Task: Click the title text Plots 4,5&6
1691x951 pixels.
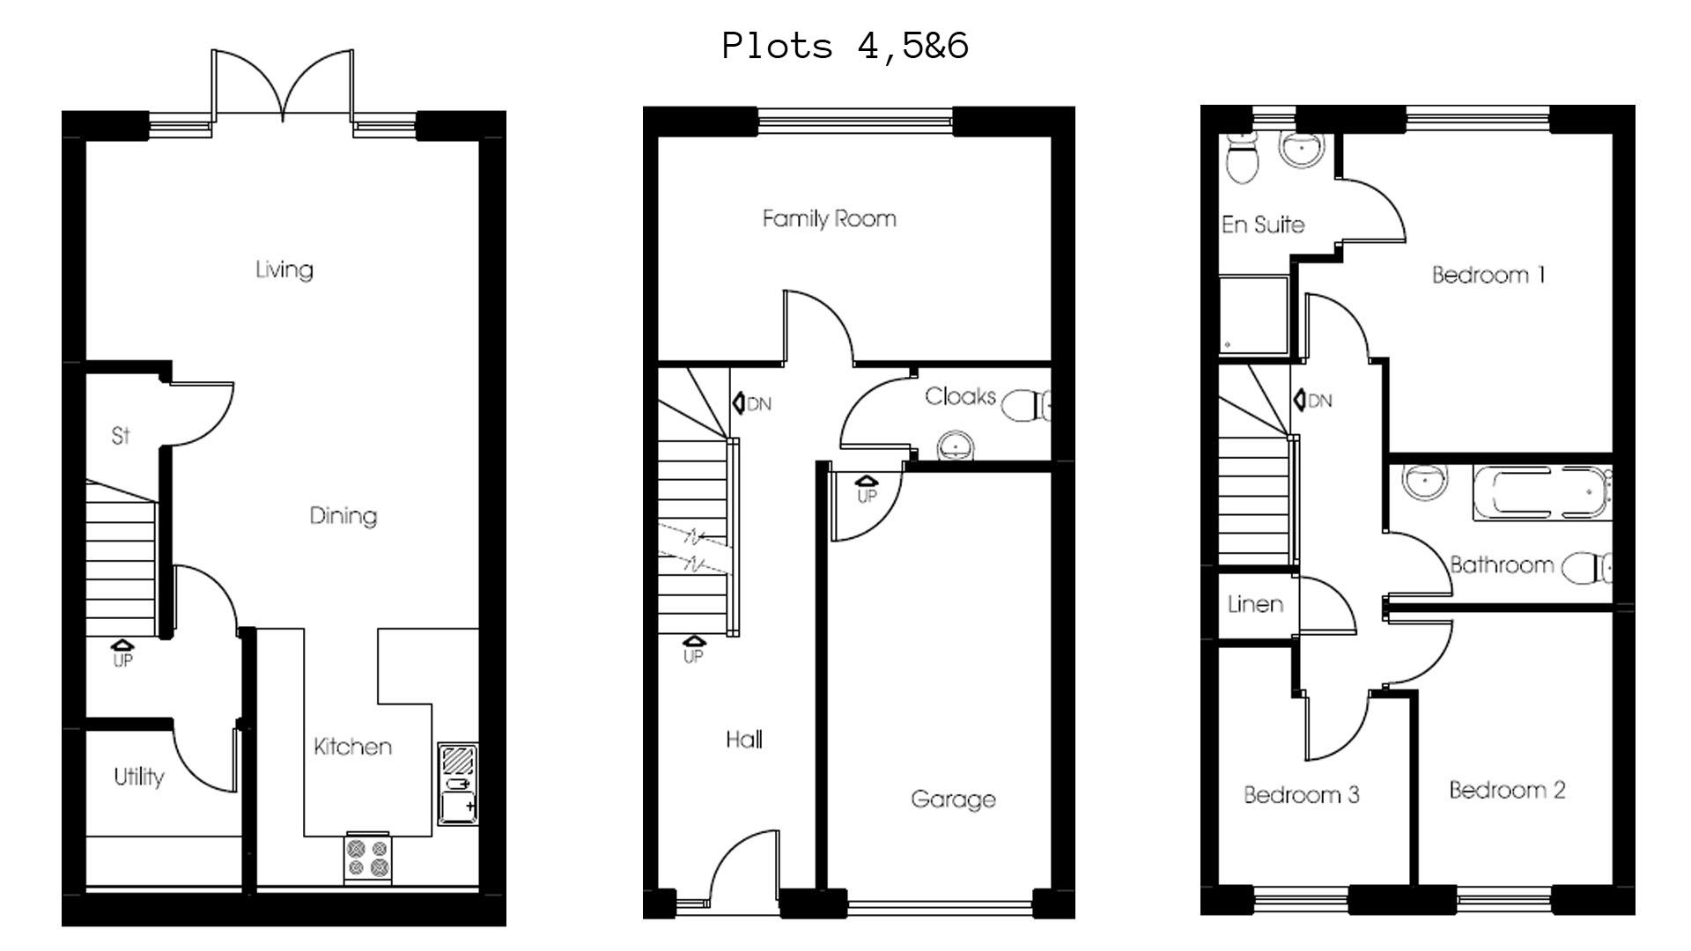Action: [845, 45]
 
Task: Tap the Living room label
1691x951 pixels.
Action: [284, 269]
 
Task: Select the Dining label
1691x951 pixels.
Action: [343, 515]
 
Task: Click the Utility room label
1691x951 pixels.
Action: [138, 777]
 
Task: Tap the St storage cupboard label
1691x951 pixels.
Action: [121, 435]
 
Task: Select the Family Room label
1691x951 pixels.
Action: [829, 218]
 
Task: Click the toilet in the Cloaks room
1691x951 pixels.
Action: [1026, 406]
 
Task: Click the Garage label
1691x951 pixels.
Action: [953, 799]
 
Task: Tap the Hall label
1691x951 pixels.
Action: [744, 740]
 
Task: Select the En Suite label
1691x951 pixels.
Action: [1262, 225]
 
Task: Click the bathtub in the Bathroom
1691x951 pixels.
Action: [1540, 491]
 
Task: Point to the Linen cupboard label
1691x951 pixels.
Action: [1255, 604]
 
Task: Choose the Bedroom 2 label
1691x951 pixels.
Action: [1507, 790]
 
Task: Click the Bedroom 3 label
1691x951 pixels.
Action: [1301, 794]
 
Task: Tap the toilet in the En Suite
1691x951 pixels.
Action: [1243, 162]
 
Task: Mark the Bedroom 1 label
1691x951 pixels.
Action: [1488, 275]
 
